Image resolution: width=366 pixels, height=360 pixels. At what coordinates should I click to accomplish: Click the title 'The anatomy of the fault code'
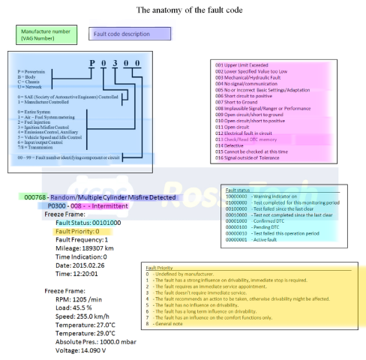(182, 11)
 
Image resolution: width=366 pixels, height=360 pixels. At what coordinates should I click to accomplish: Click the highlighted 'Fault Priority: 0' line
(77, 232)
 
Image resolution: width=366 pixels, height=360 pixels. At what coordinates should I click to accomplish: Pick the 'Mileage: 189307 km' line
(85, 248)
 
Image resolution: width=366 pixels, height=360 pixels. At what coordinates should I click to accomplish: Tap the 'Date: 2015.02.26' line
(81, 265)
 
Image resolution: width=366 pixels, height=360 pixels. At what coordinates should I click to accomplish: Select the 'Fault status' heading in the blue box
(238, 190)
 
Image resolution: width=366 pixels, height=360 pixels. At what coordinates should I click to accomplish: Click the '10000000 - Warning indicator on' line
(263, 196)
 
